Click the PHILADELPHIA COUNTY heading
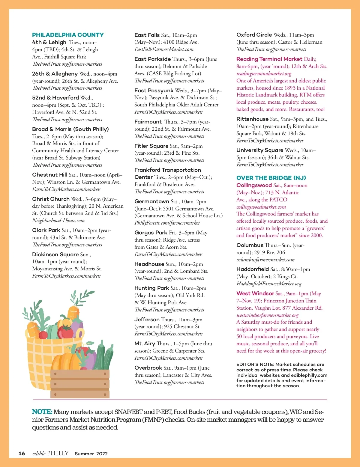(68, 35)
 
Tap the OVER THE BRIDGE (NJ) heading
(271, 178)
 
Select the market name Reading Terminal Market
(269, 59)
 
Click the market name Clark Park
(46, 230)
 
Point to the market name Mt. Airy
(145, 344)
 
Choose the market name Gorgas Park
(151, 233)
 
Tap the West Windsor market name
(255, 293)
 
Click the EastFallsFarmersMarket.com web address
(164, 49)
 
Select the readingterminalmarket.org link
(264, 73)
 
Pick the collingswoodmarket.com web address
(261, 207)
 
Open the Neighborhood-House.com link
(58, 221)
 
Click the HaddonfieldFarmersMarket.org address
(269, 284)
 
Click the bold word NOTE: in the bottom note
(42, 412)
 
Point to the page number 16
(22, 454)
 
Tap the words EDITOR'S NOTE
(255, 364)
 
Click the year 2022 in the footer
(102, 454)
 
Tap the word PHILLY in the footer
(58, 454)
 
